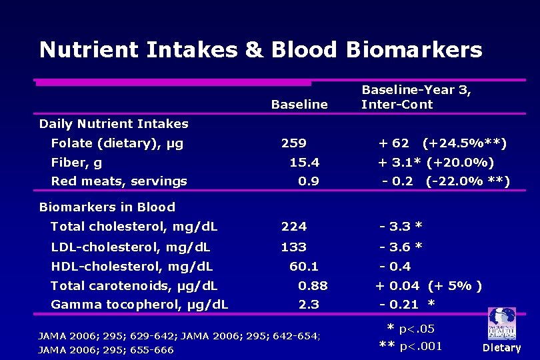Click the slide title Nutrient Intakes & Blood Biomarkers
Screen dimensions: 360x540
point(260,49)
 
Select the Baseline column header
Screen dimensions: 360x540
point(299,105)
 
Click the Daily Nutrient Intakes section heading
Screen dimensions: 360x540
point(113,124)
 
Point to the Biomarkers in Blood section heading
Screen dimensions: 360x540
point(107,207)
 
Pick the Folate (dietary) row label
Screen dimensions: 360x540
point(117,143)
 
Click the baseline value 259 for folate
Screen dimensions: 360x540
point(293,143)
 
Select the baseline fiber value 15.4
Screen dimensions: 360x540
point(304,163)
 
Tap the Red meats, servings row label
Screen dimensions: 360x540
point(119,181)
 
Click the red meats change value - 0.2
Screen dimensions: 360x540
point(397,181)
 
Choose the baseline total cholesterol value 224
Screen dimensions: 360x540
point(293,227)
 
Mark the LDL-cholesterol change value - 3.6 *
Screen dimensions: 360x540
point(400,247)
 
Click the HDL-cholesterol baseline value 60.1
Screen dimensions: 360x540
point(303,267)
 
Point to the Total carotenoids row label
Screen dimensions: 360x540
point(133,286)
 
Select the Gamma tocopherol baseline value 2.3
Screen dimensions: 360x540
point(309,305)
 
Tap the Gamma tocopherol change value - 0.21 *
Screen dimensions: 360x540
point(407,305)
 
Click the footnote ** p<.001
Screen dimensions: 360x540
point(410,345)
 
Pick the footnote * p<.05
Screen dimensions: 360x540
point(411,329)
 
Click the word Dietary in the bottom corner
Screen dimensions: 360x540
point(501,347)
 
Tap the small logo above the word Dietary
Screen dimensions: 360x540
point(501,324)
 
